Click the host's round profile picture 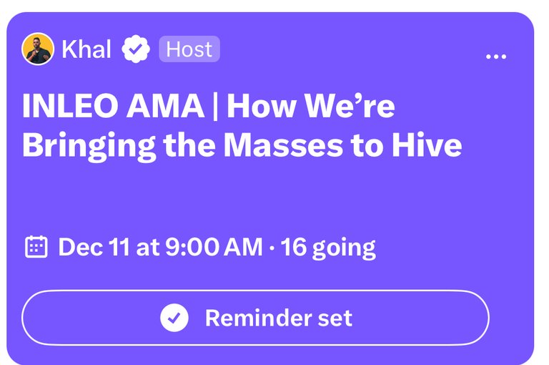(38, 49)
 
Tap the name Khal (86, 49)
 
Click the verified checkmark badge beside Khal (136, 49)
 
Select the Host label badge (189, 49)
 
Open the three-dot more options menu (496, 57)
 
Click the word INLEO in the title (69, 105)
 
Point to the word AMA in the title (165, 105)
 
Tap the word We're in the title (350, 105)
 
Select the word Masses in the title (283, 145)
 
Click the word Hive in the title (427, 144)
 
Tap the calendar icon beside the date (36, 247)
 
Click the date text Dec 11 (94, 247)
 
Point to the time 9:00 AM (214, 247)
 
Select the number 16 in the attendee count (293, 247)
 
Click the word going (344, 249)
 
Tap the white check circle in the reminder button (174, 318)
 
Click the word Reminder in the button (258, 318)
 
